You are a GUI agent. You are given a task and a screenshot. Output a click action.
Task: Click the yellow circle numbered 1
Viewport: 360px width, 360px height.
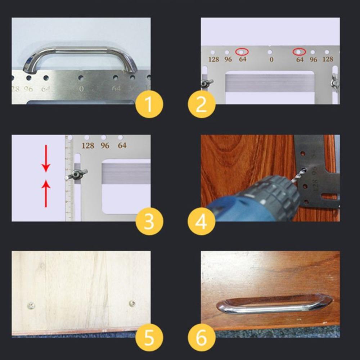(x=149, y=104)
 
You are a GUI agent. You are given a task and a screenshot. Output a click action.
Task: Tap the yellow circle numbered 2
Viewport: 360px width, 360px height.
(x=201, y=104)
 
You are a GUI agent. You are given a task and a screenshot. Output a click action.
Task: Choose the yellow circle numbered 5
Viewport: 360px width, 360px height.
(x=149, y=338)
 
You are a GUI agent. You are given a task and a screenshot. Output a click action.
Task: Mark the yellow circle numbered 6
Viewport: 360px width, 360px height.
(x=201, y=338)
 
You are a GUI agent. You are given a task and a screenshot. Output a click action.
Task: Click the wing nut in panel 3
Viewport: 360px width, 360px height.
(x=76, y=175)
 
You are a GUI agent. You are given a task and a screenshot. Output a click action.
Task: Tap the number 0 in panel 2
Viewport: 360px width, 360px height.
(x=271, y=60)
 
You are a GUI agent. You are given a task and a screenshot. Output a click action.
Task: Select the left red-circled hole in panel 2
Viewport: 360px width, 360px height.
(x=241, y=52)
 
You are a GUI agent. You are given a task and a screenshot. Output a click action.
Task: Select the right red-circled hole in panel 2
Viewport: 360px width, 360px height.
(x=299, y=52)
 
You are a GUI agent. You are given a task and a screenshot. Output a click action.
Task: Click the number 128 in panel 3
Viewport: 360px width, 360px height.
(x=87, y=146)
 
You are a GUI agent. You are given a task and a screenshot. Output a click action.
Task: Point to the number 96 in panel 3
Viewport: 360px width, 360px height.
(x=105, y=146)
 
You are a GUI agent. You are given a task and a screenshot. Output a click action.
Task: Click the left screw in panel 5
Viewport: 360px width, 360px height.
(x=31, y=306)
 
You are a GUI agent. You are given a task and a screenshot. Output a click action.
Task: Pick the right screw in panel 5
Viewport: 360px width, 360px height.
(x=132, y=303)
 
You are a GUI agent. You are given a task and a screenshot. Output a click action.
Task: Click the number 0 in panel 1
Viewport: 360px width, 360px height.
(x=81, y=89)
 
